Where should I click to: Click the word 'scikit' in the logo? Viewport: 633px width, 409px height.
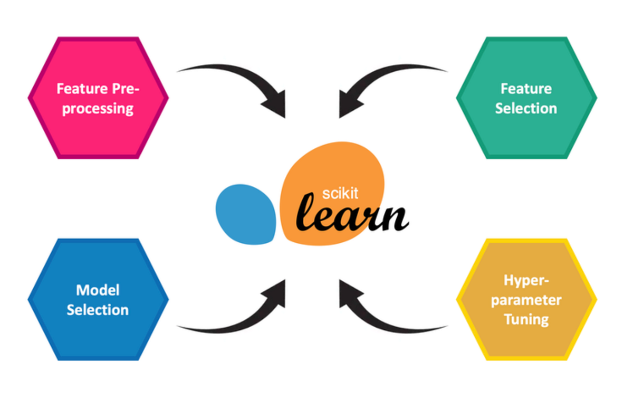340,193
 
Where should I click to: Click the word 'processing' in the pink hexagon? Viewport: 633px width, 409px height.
98,109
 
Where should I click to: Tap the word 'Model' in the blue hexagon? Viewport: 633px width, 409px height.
98,290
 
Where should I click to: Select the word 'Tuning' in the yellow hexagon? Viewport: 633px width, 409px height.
526,319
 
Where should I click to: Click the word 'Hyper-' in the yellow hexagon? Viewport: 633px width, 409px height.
526,280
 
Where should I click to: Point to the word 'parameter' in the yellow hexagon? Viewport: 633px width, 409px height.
526,300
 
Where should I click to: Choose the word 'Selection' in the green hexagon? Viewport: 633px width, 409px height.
526,108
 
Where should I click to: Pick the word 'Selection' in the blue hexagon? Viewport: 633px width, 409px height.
98,309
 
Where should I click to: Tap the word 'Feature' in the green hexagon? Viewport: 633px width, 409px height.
526,88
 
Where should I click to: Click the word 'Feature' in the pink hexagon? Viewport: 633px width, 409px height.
79,88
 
